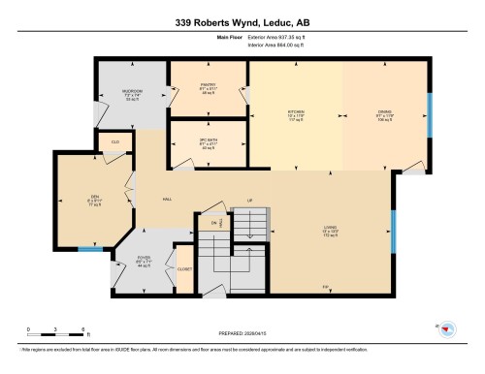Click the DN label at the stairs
pos(213,222)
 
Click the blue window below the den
pos(90,250)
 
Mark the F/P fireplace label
pos(325,286)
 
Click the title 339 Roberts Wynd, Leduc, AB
pos(242,23)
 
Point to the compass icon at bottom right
pos(447,329)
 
